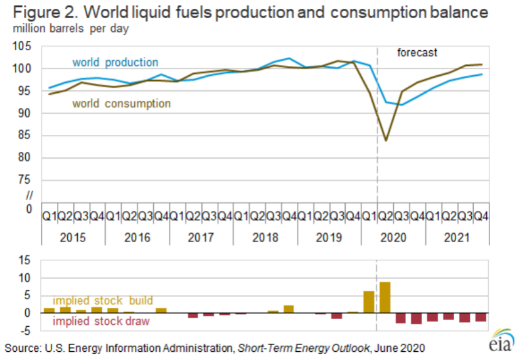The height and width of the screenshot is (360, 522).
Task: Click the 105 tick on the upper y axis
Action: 23,46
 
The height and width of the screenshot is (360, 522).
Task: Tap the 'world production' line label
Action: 115,62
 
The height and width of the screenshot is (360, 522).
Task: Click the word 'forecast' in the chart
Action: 417,53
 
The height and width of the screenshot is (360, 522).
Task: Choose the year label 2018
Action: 265,238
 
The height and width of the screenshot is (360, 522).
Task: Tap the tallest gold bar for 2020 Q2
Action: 385,297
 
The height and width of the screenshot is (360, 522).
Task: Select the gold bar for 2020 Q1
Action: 369,302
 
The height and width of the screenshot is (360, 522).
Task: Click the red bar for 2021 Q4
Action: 481,317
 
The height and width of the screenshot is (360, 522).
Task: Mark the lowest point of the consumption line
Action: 385,140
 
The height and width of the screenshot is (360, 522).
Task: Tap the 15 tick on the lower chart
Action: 26,260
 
